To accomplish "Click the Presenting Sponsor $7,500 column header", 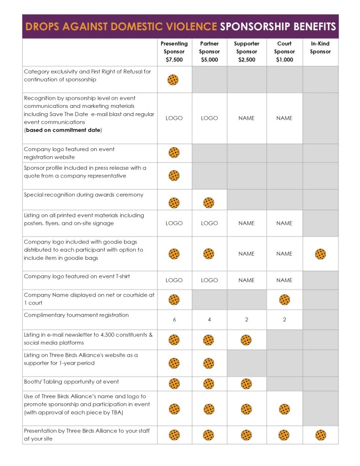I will [174, 52].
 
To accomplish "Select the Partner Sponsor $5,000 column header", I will [209, 52].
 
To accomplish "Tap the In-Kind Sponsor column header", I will [320, 48].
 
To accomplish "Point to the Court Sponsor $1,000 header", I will [284, 52].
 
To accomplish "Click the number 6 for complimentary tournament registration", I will [174, 319].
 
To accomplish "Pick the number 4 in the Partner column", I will [209, 319].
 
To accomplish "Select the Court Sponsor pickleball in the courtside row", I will [284, 299].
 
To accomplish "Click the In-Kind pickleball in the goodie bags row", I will [320, 254].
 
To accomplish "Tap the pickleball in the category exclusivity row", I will [173, 80].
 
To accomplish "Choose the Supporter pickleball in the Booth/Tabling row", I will [246, 384].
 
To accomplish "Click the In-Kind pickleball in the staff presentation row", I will [320, 435].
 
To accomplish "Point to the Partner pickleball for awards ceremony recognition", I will [209, 203].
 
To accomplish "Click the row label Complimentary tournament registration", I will [76, 315].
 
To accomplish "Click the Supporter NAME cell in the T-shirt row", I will [246, 280].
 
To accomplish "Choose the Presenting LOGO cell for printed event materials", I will [174, 223].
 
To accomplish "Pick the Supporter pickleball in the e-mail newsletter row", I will [246, 339].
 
